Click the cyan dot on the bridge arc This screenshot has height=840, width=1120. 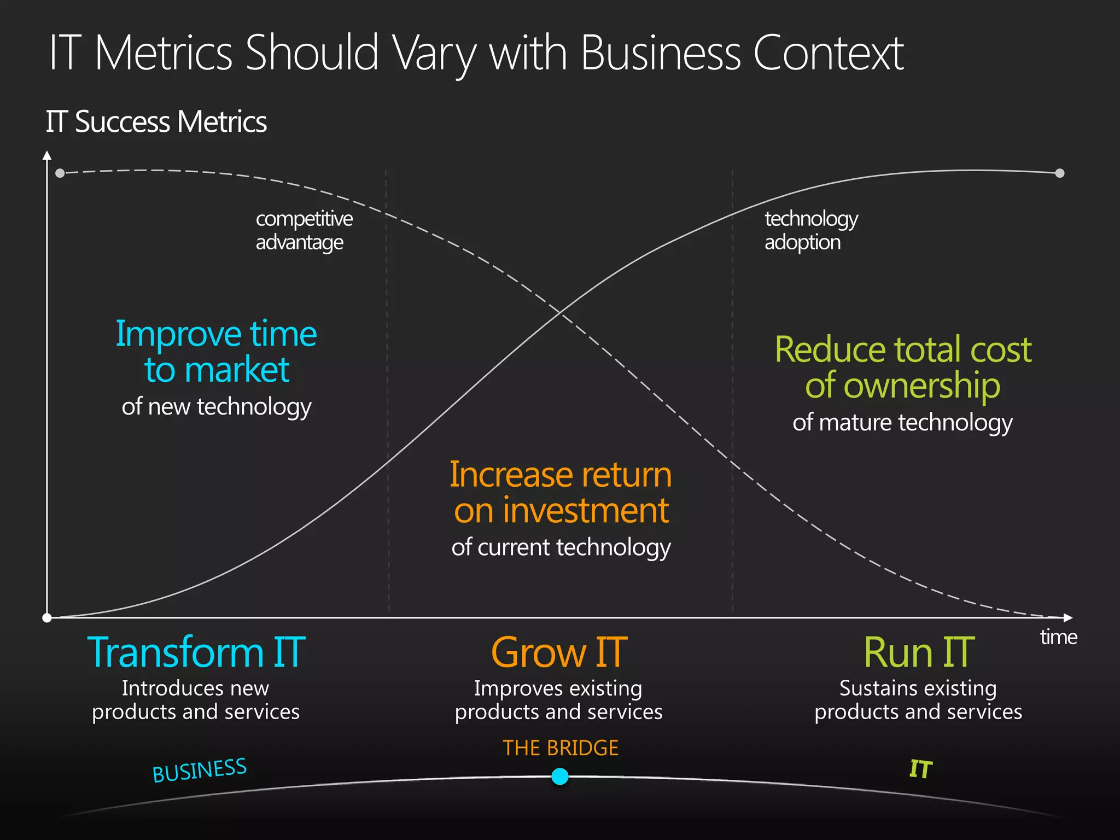coord(559,776)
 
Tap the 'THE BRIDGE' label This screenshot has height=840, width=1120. coord(561,748)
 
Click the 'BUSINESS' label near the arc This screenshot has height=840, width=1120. coord(200,770)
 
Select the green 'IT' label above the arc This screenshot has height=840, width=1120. coord(920,769)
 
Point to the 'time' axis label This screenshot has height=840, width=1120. coord(1058,637)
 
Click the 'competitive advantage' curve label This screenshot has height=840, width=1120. coord(304,230)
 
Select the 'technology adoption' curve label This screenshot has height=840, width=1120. coord(811,230)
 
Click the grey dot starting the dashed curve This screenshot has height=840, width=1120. coord(60,173)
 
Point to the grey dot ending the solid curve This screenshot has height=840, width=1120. coord(1060,173)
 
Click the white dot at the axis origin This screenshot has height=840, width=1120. coord(47,618)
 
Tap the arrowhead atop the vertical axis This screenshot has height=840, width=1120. coord(47,155)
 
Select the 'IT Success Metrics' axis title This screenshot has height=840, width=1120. coord(156,121)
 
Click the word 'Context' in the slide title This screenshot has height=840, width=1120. coord(828,53)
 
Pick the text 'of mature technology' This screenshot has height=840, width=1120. coord(902,422)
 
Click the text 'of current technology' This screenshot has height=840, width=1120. coord(561,547)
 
